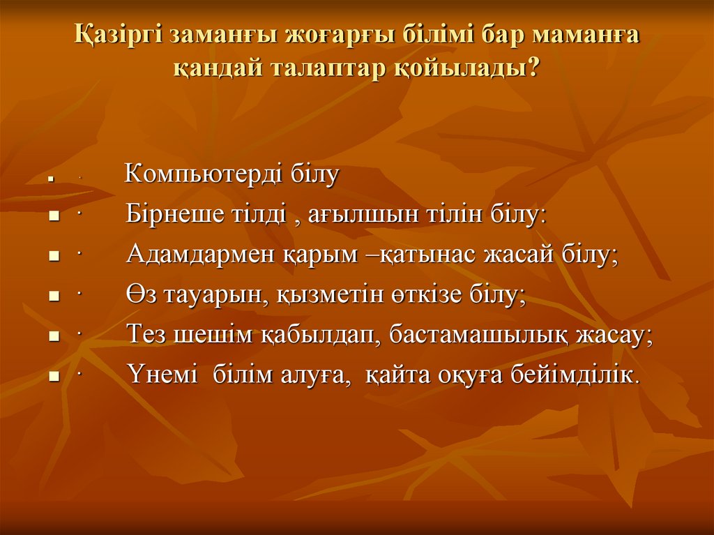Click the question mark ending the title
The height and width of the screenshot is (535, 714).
[x=533, y=68]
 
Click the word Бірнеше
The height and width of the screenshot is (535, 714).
[x=172, y=215]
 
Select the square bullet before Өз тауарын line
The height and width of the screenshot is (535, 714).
[x=52, y=297]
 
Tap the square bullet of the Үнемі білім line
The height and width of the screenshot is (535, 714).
[x=52, y=377]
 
